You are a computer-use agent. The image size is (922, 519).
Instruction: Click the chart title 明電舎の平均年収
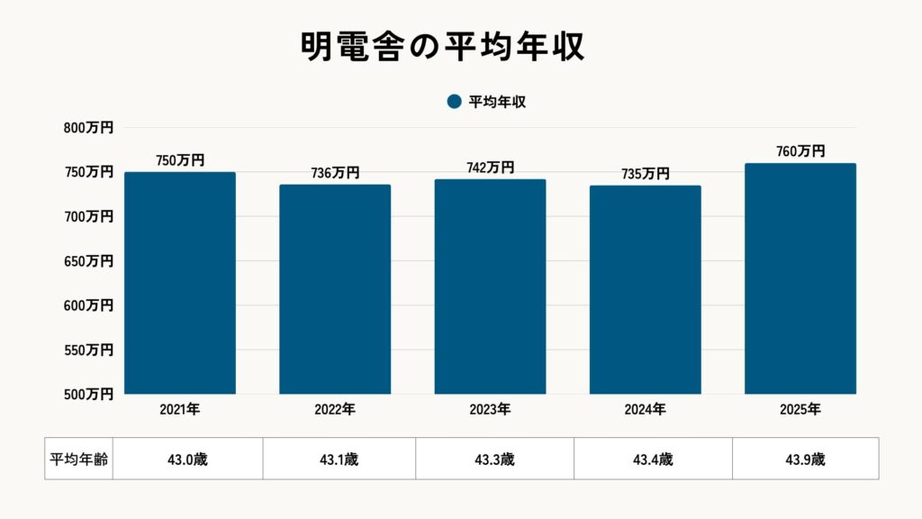pos(443,47)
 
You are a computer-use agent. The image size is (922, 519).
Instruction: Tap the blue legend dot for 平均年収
pos(454,102)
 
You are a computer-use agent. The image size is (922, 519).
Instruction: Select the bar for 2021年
pos(180,283)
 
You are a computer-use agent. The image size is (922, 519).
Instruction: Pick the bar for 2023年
pos(490,287)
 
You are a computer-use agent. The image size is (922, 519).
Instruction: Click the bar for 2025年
pos(800,278)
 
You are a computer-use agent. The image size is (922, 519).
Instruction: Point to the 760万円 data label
pos(800,151)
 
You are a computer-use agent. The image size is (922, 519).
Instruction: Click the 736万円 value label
pos(335,173)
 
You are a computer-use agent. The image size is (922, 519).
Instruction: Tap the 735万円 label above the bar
pos(646,174)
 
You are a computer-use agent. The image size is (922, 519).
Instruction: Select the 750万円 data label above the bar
pos(180,160)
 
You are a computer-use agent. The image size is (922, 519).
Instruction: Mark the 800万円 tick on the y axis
pos(88,128)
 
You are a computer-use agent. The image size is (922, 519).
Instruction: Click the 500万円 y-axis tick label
pos(88,394)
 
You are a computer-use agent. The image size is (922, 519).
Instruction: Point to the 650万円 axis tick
pos(88,261)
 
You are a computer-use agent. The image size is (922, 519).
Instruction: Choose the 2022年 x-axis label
pos(335,410)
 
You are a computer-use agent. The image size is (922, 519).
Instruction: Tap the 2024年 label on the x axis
pos(646,410)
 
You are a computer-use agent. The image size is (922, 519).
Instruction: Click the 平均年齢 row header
pos(78,459)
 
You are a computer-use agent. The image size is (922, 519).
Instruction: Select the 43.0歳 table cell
pos(187,459)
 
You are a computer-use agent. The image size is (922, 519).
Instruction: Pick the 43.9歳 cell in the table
pos(805,459)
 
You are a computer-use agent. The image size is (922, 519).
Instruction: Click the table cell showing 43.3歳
pos(494,459)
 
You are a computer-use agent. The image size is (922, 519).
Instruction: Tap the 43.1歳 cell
pos(339,459)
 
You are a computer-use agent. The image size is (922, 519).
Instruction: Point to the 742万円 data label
pos(490,168)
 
